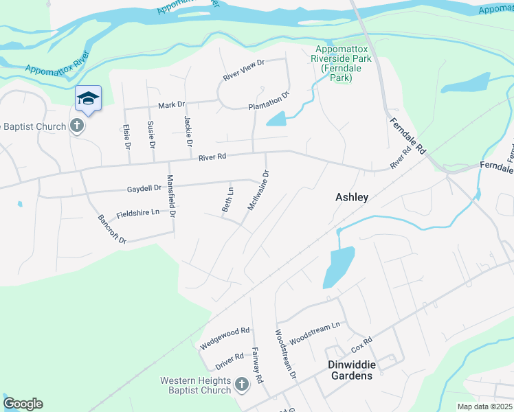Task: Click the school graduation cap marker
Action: tap(88, 98)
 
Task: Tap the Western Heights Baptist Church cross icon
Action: tap(241, 385)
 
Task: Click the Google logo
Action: tap(23, 404)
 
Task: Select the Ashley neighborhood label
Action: tap(352, 197)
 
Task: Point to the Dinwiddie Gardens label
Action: tap(350, 370)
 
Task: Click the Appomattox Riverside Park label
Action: tap(342, 63)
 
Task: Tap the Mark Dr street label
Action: tap(172, 105)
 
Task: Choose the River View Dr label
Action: tap(244, 69)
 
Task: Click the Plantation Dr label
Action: tap(269, 100)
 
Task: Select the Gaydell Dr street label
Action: tap(144, 187)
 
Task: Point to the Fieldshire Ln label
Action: tap(138, 213)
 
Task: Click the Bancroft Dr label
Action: tap(112, 230)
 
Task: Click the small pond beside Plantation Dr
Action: tap(276, 119)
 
